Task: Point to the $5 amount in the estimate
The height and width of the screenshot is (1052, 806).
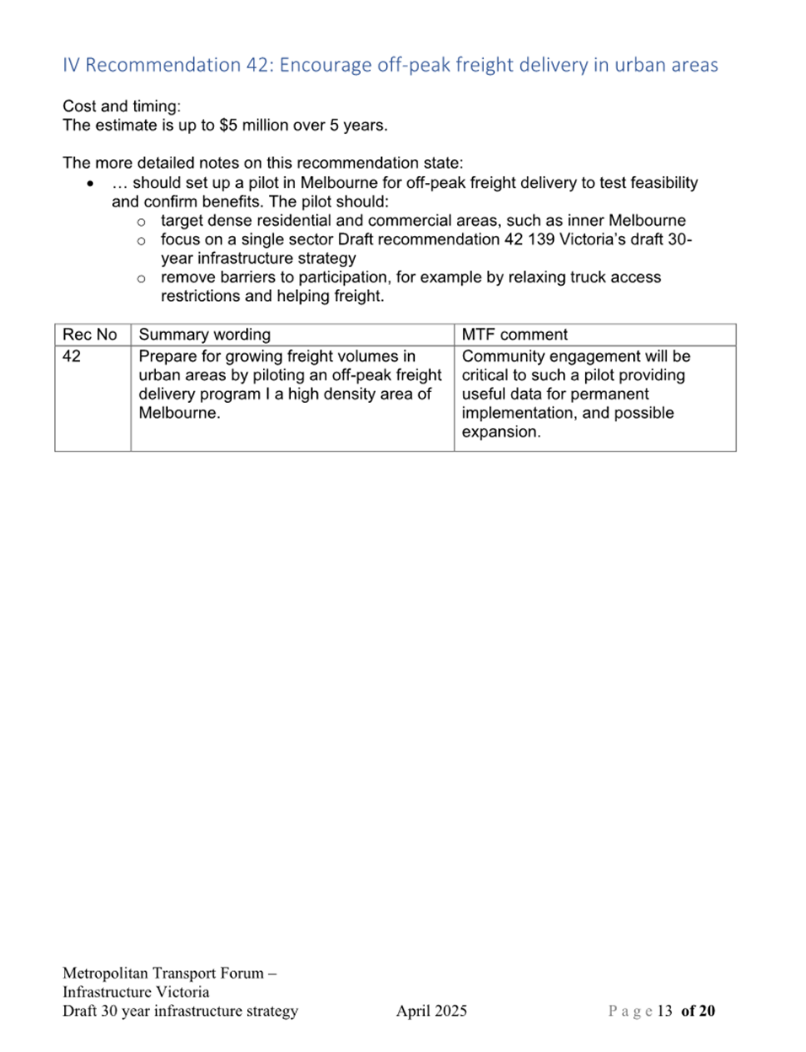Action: (228, 126)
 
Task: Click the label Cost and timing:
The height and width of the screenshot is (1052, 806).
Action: (121, 106)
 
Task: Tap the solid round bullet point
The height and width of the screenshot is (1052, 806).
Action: (90, 183)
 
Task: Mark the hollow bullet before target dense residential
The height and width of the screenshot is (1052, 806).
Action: (141, 222)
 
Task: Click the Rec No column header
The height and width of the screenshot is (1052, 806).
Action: (89, 335)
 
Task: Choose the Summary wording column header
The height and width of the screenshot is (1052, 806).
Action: (204, 335)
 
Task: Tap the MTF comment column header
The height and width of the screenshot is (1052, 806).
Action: (514, 335)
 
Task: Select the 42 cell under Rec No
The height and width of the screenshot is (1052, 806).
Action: (72, 357)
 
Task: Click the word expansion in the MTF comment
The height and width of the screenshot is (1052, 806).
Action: (500, 432)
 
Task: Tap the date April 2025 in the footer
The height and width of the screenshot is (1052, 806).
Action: (431, 1011)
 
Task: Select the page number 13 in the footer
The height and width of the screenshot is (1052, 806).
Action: (664, 1011)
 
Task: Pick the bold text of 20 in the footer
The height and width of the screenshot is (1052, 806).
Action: (698, 1011)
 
